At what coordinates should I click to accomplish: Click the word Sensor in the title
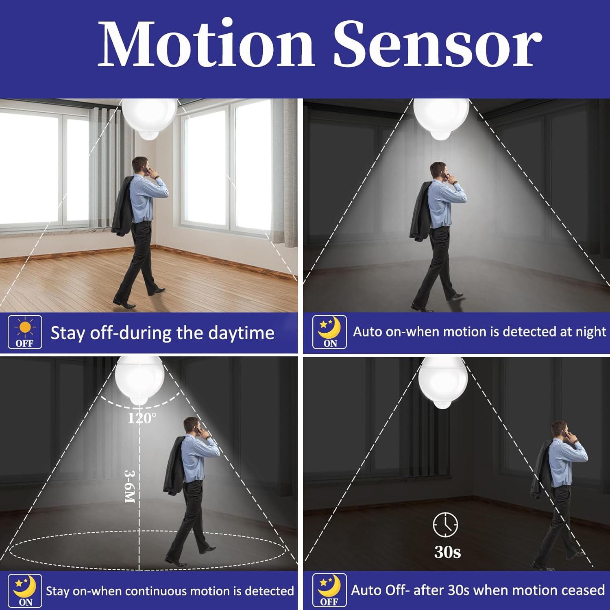(438, 44)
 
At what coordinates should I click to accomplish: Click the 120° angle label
(142, 418)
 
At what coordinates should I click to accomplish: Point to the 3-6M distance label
(129, 487)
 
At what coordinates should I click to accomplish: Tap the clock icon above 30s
(445, 525)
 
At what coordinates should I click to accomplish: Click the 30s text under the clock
(447, 552)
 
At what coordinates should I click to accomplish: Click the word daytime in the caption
(241, 333)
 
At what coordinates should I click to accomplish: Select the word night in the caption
(591, 332)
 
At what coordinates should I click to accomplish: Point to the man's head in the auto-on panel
(438, 172)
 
